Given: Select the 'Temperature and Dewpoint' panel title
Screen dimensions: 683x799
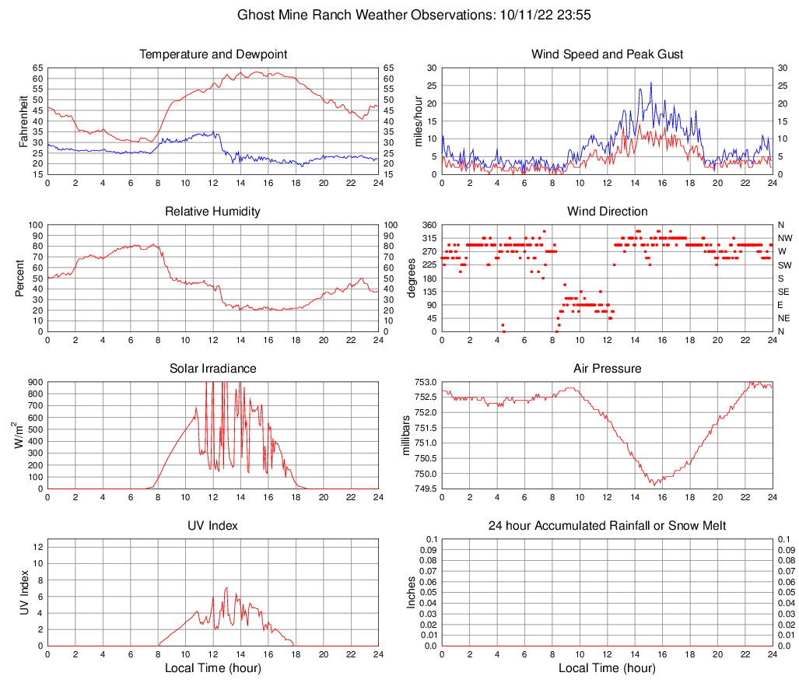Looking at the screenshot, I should (x=213, y=54).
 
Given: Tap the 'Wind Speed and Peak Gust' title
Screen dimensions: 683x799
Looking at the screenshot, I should (x=607, y=54).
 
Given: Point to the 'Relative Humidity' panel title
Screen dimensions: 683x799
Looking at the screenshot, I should (x=213, y=212).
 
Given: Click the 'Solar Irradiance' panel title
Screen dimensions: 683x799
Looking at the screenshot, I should (x=213, y=369).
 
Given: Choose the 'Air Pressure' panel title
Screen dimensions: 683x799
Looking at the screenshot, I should (x=607, y=369).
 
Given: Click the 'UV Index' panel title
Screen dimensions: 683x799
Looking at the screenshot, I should (x=213, y=526).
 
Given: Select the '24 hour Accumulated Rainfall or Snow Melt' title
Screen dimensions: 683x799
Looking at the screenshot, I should (x=607, y=526).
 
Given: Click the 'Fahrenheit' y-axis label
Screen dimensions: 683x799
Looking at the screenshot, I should (x=23, y=121).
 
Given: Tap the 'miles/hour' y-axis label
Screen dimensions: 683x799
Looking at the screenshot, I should (x=418, y=121).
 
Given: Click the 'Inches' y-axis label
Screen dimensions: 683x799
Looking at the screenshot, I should (x=412, y=592).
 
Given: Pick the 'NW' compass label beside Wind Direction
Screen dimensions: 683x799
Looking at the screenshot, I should (x=785, y=238).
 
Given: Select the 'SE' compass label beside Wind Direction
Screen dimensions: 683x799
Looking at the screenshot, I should (x=784, y=292).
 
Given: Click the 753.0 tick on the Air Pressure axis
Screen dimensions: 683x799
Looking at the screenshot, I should (x=425, y=382).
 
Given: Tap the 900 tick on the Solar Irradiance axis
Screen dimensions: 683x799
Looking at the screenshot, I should (x=33, y=382).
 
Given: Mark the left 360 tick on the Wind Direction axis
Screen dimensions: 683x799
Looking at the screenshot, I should (x=427, y=225).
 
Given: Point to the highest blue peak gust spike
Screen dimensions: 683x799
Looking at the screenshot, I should (x=650, y=82).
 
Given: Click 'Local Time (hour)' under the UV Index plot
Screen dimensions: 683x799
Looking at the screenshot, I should (x=213, y=668).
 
